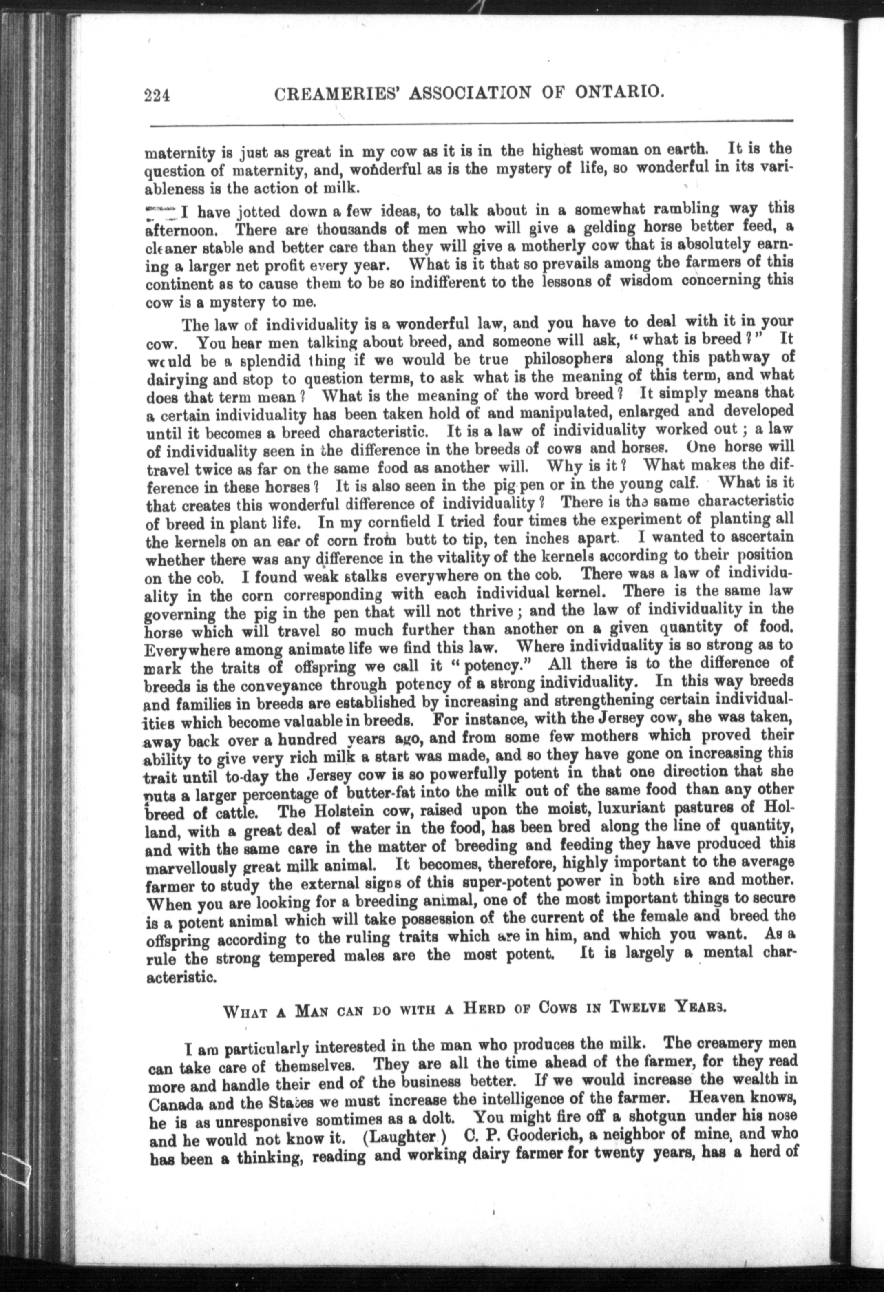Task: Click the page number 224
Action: pyautogui.click(x=157, y=95)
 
